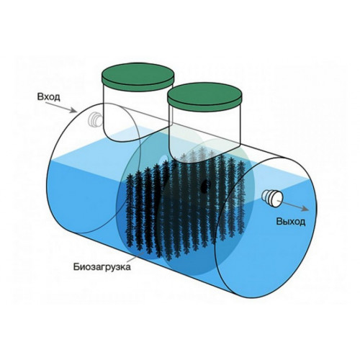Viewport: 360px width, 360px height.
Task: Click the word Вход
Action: (48, 97)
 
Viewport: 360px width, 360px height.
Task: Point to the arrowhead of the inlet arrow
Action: (73, 111)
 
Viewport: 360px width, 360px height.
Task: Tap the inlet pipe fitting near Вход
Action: (96, 120)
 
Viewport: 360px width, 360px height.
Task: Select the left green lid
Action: (138, 76)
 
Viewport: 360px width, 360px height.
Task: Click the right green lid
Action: (204, 96)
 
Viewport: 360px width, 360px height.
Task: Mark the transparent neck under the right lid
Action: (204, 135)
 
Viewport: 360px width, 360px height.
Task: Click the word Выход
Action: (291, 221)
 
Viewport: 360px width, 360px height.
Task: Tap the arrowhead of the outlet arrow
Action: (305, 208)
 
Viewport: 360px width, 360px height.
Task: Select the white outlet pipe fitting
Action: (272, 198)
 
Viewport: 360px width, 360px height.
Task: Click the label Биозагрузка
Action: (102, 267)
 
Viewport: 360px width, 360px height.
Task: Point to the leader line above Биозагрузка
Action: (136, 256)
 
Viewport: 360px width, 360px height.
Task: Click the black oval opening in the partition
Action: (205, 186)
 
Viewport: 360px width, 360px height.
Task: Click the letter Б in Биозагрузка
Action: (76, 266)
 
